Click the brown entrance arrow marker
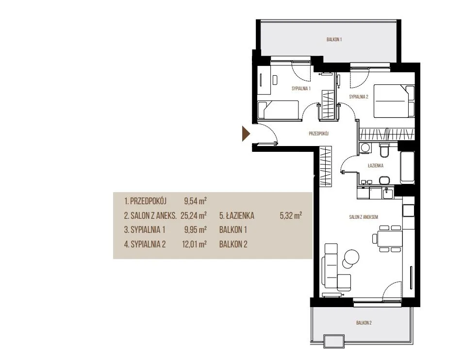246,134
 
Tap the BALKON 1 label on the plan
334,39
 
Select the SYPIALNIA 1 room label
301,88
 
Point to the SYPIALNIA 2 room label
359,97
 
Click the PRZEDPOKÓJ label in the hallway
319,134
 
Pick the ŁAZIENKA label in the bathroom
376,165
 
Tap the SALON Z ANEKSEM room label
364,217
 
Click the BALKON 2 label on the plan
364,323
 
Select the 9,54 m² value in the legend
195,201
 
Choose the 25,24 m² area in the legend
194,215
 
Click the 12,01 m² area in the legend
195,244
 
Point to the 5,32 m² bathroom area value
291,215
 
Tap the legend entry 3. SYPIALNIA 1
145,229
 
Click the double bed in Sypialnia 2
394,101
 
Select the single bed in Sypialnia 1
278,110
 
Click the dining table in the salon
389,238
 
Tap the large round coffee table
352,256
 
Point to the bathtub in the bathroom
408,167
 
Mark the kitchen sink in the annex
388,194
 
